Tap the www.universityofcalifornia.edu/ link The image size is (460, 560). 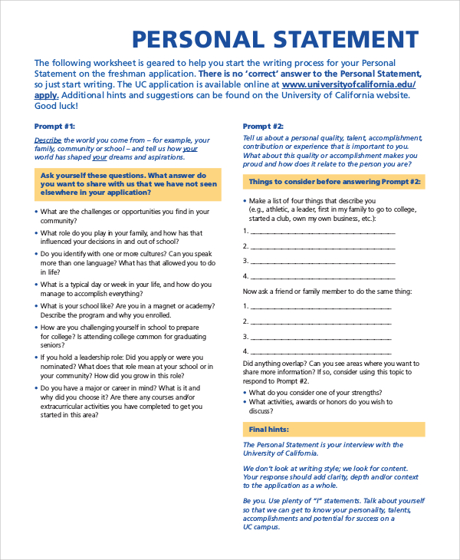pos(349,85)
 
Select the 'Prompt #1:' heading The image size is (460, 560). pos(55,126)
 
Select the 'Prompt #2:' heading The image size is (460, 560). pos(263,126)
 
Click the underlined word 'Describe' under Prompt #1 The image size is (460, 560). pos(48,140)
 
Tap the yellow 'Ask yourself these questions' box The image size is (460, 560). pos(128,185)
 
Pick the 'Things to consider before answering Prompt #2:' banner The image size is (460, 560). pos(333,182)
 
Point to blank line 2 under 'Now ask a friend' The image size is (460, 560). pos(322,321)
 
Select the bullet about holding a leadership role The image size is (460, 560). pos(123,367)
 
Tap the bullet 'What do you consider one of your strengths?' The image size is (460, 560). pos(314,392)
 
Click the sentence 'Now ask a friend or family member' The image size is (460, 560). pos(327,292)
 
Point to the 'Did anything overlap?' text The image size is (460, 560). pos(330,371)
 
